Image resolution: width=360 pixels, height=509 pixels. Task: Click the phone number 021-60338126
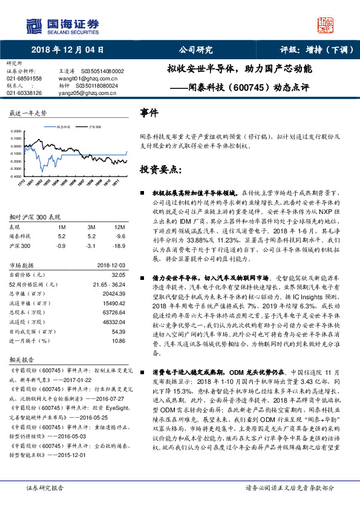[x=24, y=93]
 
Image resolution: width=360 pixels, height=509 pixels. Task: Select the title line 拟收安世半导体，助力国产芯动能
[x=240, y=69]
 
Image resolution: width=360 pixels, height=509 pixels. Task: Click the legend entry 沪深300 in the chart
[x=94, y=127]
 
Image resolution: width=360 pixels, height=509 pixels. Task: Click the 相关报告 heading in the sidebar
[x=20, y=358]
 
